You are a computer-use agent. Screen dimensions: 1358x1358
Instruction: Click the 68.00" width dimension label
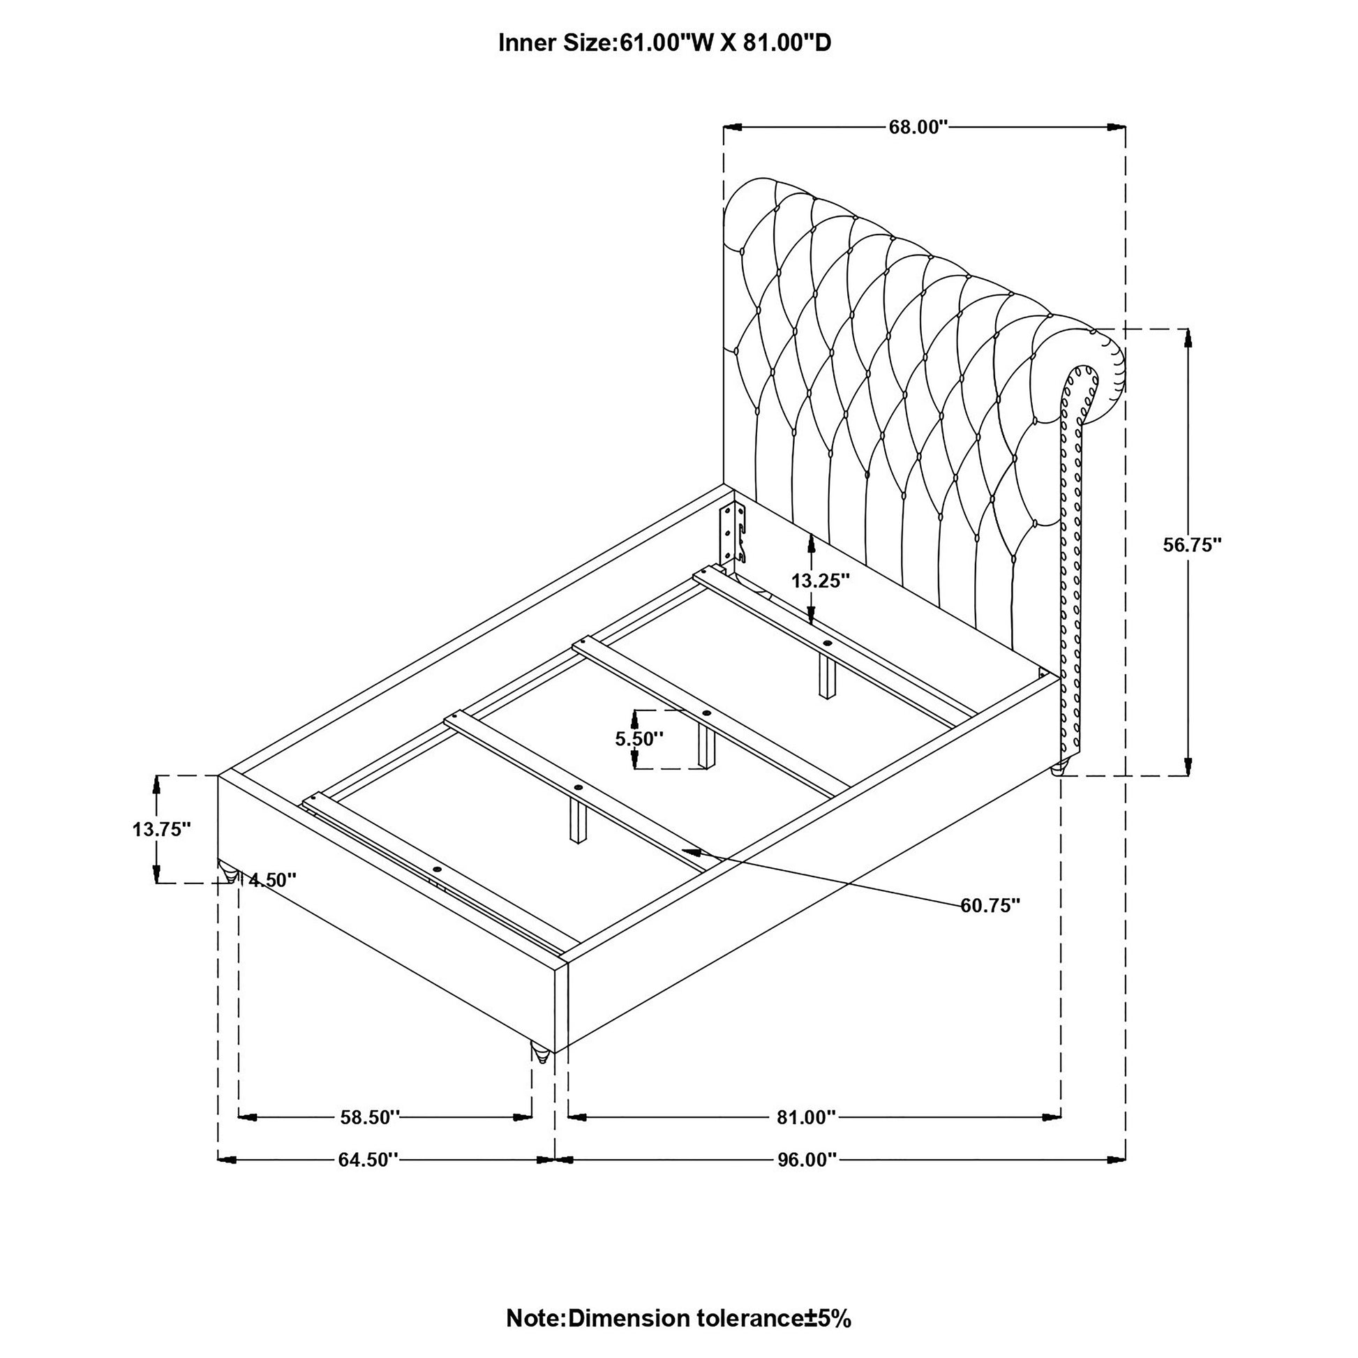tap(918, 127)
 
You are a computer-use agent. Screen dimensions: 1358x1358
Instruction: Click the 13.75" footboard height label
tap(162, 830)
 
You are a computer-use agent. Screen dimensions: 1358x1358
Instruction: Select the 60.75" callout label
tap(990, 906)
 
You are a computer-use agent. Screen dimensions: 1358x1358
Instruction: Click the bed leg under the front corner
tap(540, 1073)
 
